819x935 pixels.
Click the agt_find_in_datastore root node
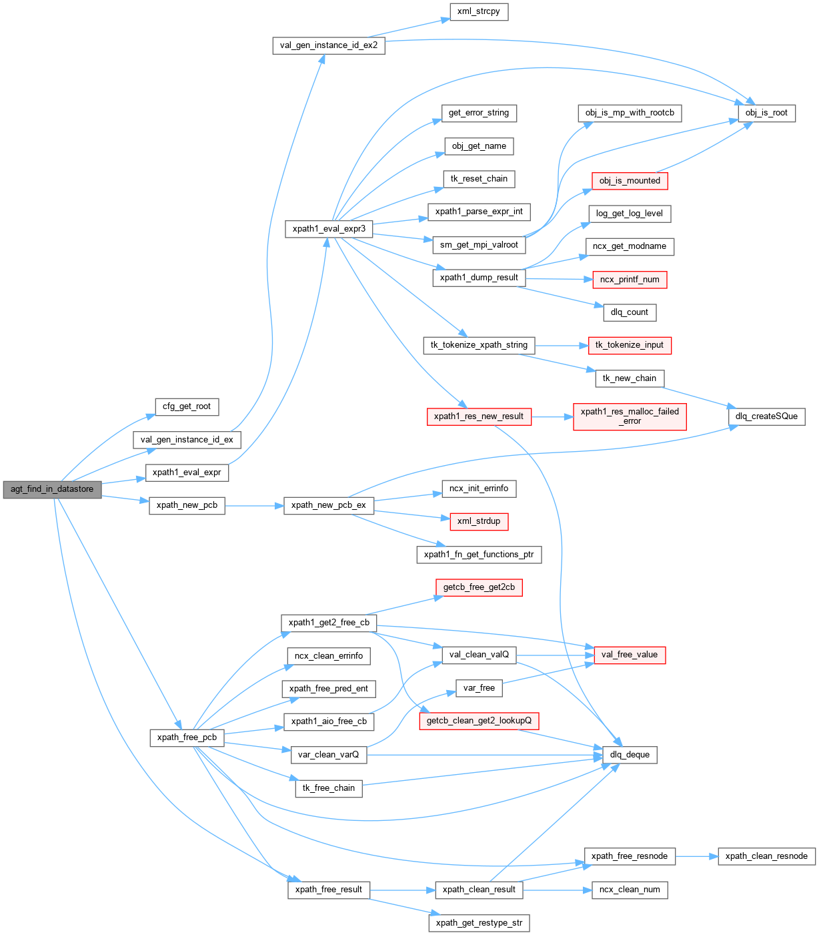pyautogui.click(x=52, y=489)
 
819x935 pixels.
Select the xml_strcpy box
pyautogui.click(x=479, y=12)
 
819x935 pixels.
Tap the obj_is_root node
pyautogui.click(x=766, y=113)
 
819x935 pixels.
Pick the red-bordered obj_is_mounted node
pyautogui.click(x=630, y=181)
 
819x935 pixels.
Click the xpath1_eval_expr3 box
pyautogui.click(x=329, y=229)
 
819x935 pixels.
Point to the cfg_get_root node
pyautogui.click(x=187, y=406)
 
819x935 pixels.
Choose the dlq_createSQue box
pyautogui.click(x=766, y=416)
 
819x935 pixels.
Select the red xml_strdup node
pyautogui.click(x=479, y=521)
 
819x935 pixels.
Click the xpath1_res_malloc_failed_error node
pyautogui.click(x=630, y=416)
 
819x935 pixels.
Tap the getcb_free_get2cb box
pyautogui.click(x=479, y=587)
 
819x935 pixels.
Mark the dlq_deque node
pyautogui.click(x=630, y=755)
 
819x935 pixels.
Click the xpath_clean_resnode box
pyautogui.click(x=766, y=856)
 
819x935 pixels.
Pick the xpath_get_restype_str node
pyautogui.click(x=479, y=923)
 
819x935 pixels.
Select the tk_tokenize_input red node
pyautogui.click(x=630, y=345)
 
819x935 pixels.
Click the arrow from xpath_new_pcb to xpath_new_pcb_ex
pyautogui.click(x=254, y=506)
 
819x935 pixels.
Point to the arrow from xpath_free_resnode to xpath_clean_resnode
pyautogui.click(x=696, y=856)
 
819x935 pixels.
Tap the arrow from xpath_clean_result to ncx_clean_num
pyautogui.click(x=557, y=890)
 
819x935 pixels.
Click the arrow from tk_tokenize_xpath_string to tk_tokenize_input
pyautogui.click(x=561, y=346)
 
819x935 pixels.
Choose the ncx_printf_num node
pyautogui.click(x=630, y=280)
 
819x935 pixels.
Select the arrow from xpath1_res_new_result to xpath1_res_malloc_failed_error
pyautogui.click(x=552, y=417)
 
